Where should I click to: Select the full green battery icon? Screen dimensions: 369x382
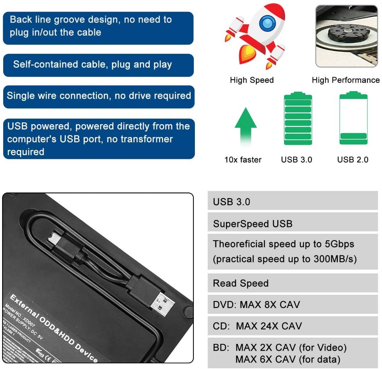click(x=298, y=119)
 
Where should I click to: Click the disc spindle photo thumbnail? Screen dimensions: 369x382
click(x=346, y=36)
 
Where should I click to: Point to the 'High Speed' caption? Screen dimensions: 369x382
click(x=251, y=80)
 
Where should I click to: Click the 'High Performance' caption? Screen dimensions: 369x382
click(x=346, y=80)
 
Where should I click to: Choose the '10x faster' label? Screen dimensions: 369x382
click(x=243, y=160)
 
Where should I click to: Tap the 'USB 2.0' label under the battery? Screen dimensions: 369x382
click(x=353, y=160)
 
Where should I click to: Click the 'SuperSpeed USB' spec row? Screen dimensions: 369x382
click(x=253, y=224)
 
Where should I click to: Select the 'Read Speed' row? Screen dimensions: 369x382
click(x=241, y=283)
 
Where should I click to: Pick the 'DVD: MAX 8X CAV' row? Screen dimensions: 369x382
click(x=256, y=304)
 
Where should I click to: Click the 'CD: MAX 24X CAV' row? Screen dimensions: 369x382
click(x=257, y=325)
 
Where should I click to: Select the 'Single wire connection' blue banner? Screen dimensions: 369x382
click(x=99, y=96)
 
